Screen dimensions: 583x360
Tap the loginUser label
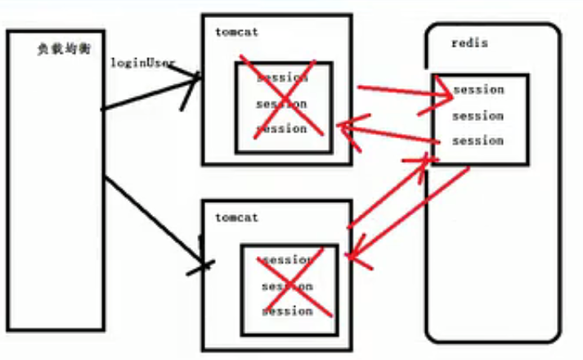point(142,63)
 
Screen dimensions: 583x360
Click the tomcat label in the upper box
point(237,32)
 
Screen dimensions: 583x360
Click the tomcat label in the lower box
point(237,218)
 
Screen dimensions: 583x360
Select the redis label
point(469,43)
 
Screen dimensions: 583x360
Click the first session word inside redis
point(478,89)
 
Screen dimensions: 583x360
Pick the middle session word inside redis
point(478,115)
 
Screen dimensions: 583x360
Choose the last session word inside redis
point(478,141)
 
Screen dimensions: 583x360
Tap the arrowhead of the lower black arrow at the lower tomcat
point(204,263)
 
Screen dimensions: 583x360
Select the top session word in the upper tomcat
point(282,79)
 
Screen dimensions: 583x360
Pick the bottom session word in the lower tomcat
point(288,311)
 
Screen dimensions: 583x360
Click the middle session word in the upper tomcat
point(282,104)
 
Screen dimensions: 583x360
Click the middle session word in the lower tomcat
point(288,286)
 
